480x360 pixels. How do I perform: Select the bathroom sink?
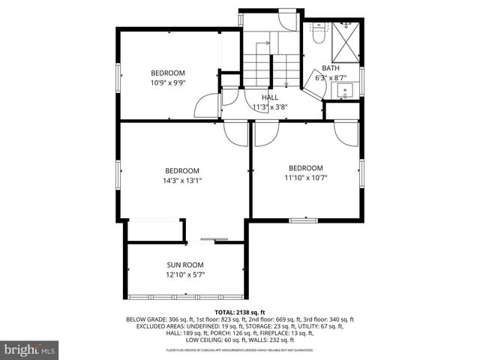point(345,91)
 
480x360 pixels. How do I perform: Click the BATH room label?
point(331,68)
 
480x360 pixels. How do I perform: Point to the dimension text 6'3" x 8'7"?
point(331,77)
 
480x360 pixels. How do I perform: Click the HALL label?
point(270,97)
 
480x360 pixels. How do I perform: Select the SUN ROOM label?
point(184,265)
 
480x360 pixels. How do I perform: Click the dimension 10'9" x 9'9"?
point(168,82)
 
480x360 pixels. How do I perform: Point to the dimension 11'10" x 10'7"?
point(306,178)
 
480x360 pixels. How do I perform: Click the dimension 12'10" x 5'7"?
point(184,274)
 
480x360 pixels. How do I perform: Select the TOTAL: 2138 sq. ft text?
point(240,311)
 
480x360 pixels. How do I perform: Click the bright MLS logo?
point(30,349)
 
